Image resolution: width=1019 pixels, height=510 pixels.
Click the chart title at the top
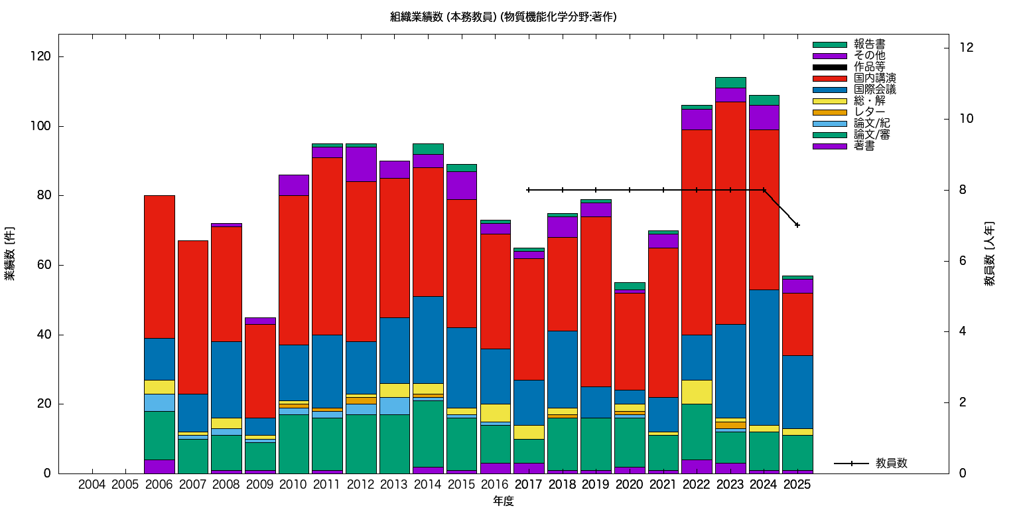click(x=504, y=17)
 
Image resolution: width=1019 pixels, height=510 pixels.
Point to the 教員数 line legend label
click(x=891, y=464)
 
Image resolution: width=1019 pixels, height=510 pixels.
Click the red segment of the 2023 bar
click(x=730, y=212)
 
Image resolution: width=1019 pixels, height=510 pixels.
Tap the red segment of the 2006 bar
click(x=159, y=266)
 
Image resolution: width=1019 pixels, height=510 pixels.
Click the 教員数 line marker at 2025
click(x=797, y=225)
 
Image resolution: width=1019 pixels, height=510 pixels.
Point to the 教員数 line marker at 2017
click(x=529, y=190)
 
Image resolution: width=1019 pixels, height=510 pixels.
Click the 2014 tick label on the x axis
click(x=428, y=485)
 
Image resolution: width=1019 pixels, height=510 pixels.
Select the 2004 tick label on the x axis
click(x=92, y=485)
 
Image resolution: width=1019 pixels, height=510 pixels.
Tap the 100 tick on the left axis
click(x=44, y=126)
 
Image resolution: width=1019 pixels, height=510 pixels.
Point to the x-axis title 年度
click(x=504, y=501)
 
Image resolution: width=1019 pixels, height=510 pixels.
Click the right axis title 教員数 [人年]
click(x=989, y=254)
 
